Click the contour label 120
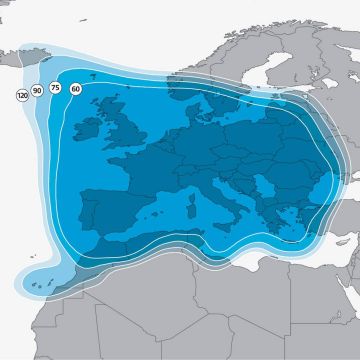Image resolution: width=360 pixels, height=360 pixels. (22, 96)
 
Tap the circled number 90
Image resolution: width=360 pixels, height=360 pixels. (38, 91)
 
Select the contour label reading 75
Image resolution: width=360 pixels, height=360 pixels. (56, 88)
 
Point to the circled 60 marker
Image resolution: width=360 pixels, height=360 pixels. (76, 88)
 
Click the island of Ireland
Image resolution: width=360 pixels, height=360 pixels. (85, 127)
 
